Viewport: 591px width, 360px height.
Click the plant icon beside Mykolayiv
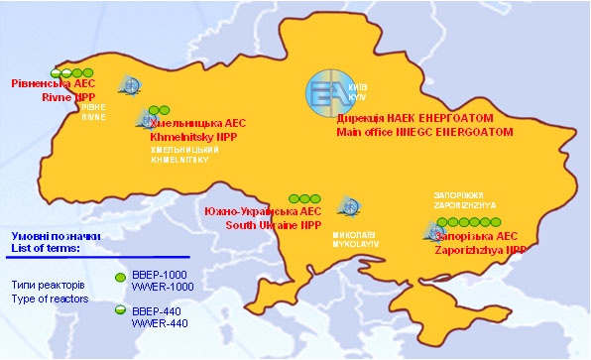(346, 207)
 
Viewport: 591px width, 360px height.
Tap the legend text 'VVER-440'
(159, 323)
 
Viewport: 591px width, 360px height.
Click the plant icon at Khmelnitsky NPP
(146, 121)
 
